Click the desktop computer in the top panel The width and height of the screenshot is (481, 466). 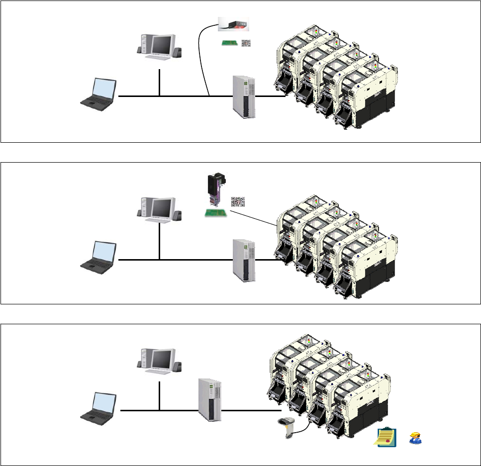pyautogui.click(x=159, y=50)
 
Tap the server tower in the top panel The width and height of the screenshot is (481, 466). pyautogui.click(x=244, y=96)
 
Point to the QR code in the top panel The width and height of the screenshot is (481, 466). pyautogui.click(x=246, y=43)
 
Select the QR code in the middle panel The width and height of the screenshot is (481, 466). pyautogui.click(x=238, y=202)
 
